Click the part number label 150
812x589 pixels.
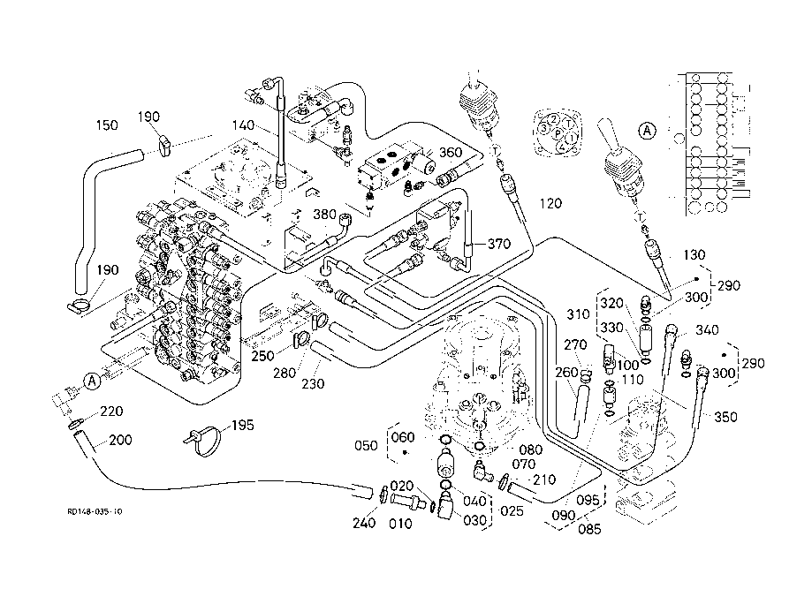click(x=106, y=125)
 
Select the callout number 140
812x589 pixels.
click(x=245, y=125)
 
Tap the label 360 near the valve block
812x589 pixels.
click(x=451, y=153)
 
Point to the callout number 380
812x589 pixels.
click(x=324, y=214)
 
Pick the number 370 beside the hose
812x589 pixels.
click(x=499, y=245)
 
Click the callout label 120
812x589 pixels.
click(x=550, y=203)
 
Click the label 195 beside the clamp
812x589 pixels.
click(x=240, y=426)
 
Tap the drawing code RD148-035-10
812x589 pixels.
click(x=95, y=511)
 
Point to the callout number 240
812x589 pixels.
click(x=364, y=522)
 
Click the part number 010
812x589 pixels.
click(x=402, y=522)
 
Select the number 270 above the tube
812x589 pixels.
click(x=575, y=345)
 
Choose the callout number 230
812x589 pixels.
click(x=312, y=383)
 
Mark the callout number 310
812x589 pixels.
click(x=578, y=313)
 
